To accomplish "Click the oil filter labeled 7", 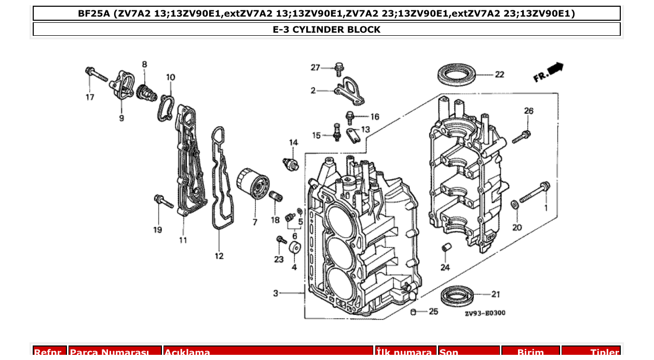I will tap(253, 185).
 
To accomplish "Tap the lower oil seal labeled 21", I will tap(458, 296).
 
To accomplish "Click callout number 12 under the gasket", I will tap(219, 256).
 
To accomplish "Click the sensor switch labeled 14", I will tap(292, 163).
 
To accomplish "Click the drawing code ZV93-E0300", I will tap(485, 313).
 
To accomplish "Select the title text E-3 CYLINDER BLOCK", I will tap(326, 30).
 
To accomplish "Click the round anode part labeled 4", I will tap(295, 248).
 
